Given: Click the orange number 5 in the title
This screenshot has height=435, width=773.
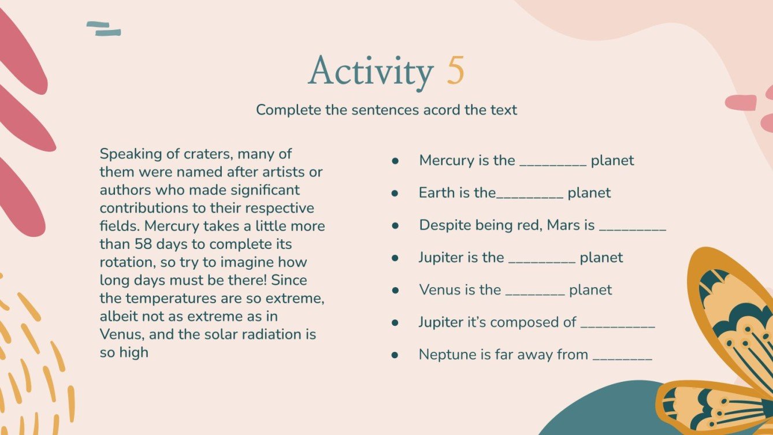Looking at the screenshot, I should pos(455,72).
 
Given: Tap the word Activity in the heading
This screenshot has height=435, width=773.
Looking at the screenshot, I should pos(370,72).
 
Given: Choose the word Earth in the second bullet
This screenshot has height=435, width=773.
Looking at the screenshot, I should pos(437,193).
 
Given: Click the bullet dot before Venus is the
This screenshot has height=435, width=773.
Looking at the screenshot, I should pos(395,290).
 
